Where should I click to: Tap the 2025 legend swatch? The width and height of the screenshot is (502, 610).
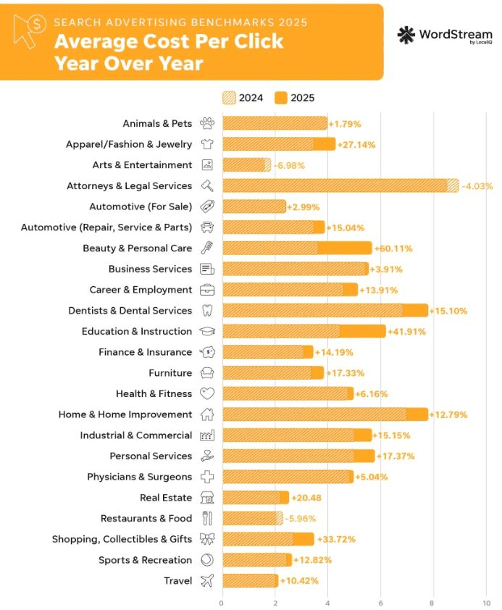pos(281,98)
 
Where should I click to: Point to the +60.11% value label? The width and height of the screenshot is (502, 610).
pos(393,248)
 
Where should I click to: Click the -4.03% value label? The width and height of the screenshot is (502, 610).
pos(477,185)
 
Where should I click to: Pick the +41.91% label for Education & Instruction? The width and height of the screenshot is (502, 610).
pos(406,332)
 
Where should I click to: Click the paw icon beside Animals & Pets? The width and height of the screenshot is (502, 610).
pos(206,124)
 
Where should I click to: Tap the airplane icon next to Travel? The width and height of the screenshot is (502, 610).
pos(206,581)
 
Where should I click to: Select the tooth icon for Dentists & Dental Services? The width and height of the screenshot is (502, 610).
pos(206,311)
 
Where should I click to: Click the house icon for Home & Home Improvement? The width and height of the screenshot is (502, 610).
pos(206,415)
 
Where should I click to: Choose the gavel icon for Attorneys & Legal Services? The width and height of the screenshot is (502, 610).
pos(206,185)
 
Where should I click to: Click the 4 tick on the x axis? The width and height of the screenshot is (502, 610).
pos(327,601)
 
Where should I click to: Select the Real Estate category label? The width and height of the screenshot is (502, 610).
pos(166,498)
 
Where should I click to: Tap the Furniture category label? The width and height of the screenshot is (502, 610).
pos(170,373)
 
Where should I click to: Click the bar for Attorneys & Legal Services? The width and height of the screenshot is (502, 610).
pos(340,185)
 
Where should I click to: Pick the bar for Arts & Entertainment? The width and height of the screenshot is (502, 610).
pos(246,165)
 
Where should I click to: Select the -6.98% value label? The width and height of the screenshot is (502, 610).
pos(290,165)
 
